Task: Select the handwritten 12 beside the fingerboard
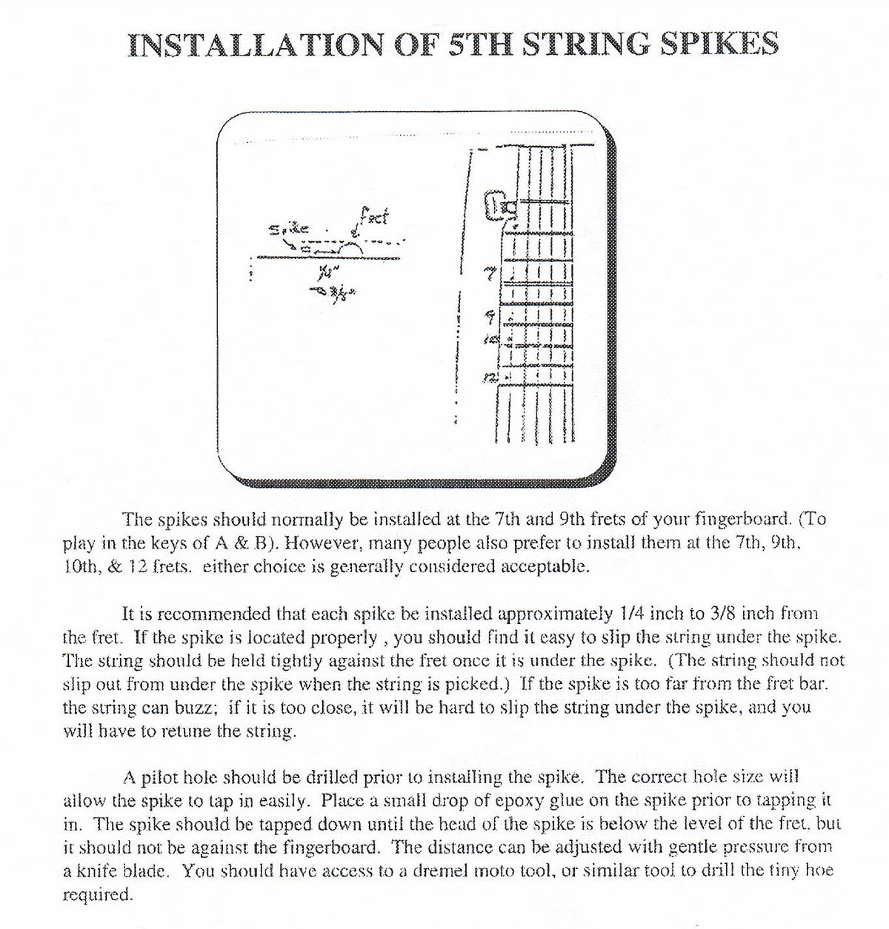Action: [x=490, y=378]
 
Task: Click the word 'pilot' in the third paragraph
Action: [x=167, y=777]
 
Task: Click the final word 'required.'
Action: [x=98, y=894]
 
